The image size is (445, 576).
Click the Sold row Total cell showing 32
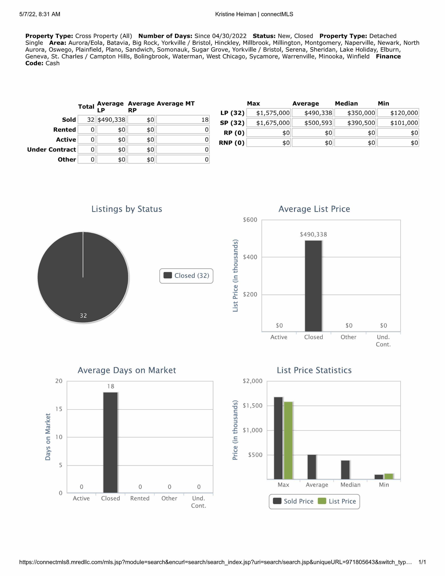click(x=87, y=120)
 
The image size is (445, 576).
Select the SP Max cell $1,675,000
click(x=269, y=123)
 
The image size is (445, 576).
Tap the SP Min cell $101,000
click(x=398, y=123)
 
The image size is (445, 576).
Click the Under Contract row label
click(x=52, y=150)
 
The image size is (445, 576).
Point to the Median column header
click(x=346, y=103)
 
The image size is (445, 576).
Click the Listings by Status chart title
click(x=127, y=209)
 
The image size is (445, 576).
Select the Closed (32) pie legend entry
click(x=187, y=276)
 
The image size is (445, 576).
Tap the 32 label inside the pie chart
click(x=83, y=315)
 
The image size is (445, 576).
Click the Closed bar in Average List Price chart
click(x=313, y=286)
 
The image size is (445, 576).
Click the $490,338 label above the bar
click(x=313, y=234)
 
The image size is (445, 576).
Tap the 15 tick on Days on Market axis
click(x=59, y=409)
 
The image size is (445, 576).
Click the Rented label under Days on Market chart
click(x=140, y=498)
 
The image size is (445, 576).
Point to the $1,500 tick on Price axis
click(x=252, y=406)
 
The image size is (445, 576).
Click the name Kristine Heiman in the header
click(x=235, y=14)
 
